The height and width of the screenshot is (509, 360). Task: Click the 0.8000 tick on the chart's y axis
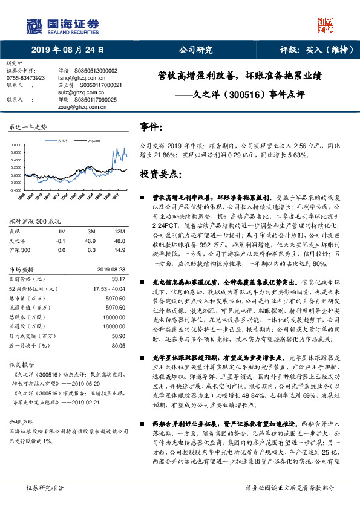[16, 146]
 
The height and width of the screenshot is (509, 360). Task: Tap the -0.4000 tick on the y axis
[16, 190]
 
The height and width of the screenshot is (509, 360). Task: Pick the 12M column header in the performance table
[119, 232]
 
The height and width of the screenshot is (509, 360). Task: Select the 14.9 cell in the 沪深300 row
[120, 250]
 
